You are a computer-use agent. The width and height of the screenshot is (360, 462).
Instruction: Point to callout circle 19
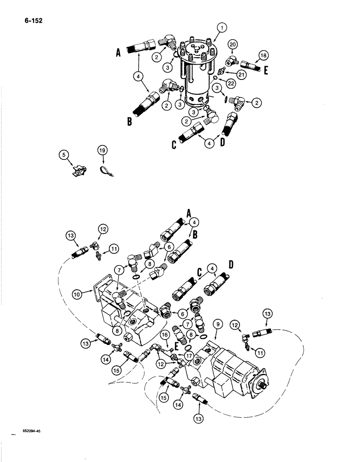(x=102, y=150)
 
